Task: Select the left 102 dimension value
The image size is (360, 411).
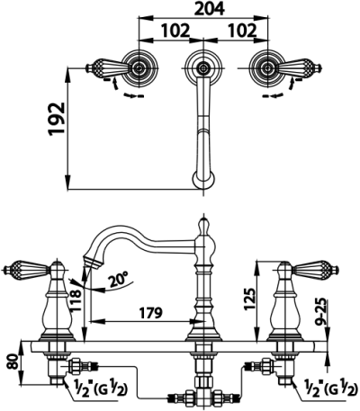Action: (x=175, y=31)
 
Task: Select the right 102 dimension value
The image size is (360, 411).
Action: (x=242, y=31)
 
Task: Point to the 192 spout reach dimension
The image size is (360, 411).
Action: (x=57, y=119)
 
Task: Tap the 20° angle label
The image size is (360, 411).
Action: (x=118, y=281)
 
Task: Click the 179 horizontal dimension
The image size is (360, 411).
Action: (x=150, y=313)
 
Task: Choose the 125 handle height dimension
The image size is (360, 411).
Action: (x=250, y=299)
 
